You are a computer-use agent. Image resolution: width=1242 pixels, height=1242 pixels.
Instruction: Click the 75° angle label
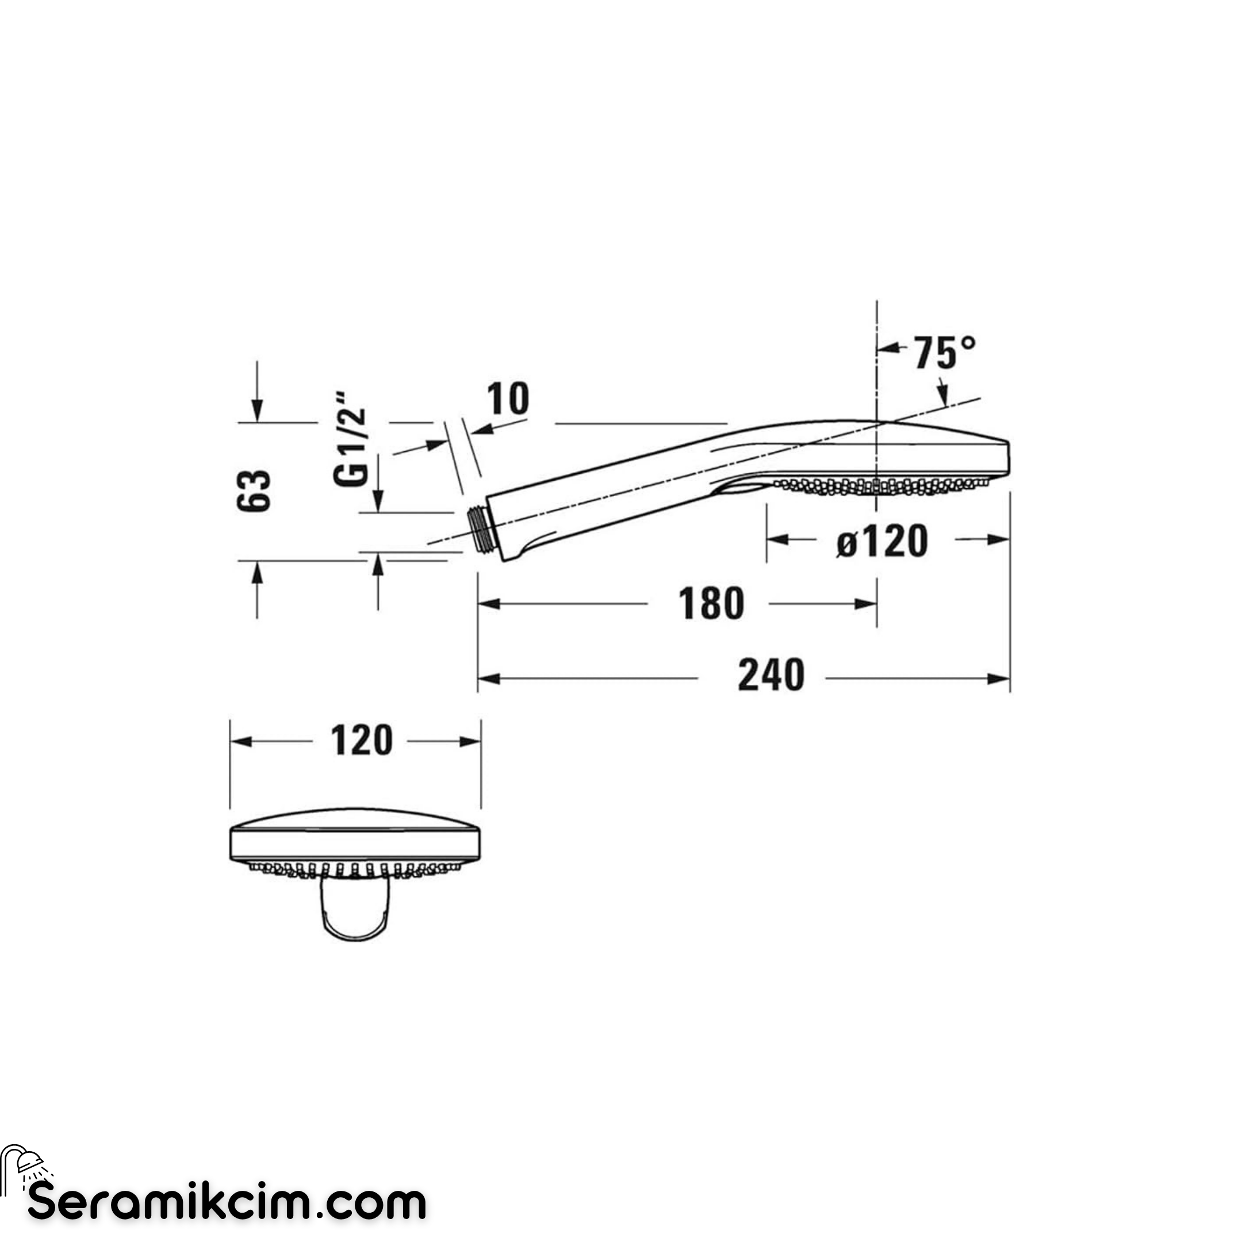945,353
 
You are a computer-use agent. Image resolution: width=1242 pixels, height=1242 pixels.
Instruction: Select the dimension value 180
711,604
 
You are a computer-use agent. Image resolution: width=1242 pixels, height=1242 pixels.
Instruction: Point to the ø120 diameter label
882,540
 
